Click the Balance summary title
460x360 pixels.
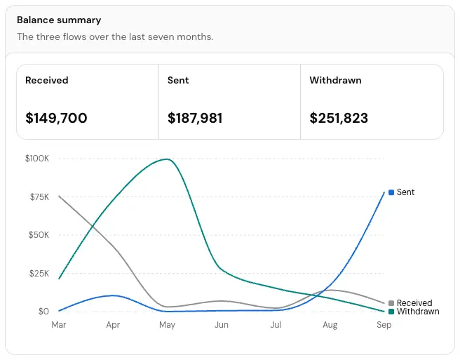tap(59, 20)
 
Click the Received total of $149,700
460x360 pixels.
tap(56, 118)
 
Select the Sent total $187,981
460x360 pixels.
tap(195, 118)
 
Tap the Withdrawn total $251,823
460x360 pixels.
tap(339, 118)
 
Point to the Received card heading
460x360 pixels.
tap(47, 80)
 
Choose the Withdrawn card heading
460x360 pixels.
tap(335, 80)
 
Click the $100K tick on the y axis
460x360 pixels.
tap(37, 159)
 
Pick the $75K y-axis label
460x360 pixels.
tap(39, 196)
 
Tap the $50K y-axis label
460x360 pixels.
tap(39, 235)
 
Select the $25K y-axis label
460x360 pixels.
tap(39, 274)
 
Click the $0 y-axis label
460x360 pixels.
tap(43, 312)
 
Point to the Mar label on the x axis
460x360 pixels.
tap(59, 325)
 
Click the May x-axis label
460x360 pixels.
tap(167, 325)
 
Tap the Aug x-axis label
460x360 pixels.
tap(330, 325)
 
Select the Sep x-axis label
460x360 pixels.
tap(384, 325)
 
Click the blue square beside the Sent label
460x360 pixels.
tap(391, 192)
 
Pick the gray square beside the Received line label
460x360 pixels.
tap(391, 303)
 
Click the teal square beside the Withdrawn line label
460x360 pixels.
tap(391, 312)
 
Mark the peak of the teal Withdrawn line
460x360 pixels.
tap(167, 159)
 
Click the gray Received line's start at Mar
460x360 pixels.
tap(59, 196)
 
